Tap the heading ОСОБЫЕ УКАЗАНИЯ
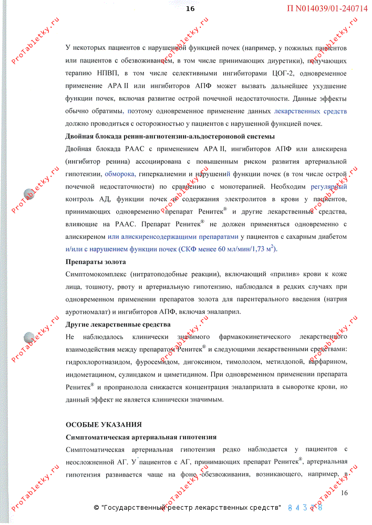click(x=104, y=424)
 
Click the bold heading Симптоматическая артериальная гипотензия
click(x=141, y=437)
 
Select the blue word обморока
click(x=120, y=174)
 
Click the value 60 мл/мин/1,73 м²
click(x=244, y=249)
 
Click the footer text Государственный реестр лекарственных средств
click(x=192, y=508)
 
